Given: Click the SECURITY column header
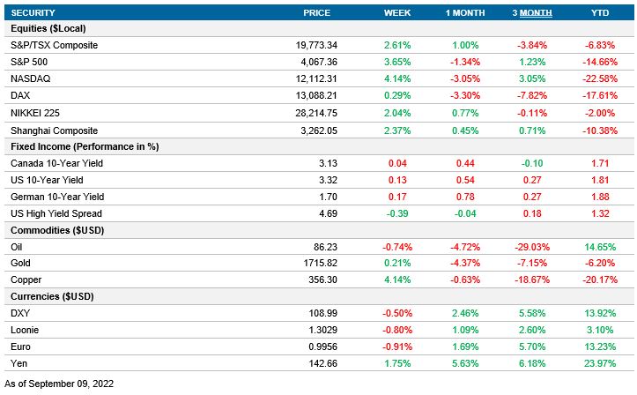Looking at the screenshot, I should pos(33,12).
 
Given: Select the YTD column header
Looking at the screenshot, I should pos(598,12).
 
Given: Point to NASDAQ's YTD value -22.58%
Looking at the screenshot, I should pos(598,78).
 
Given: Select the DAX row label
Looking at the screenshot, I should pos(19,95).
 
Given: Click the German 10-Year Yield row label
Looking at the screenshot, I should pos(56,197).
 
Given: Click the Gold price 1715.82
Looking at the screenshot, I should pos(326,264).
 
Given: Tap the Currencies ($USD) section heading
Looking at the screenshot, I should pos(51,297).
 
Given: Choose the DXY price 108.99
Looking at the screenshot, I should pos(330,314).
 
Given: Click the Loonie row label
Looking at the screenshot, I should pos(24,331).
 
